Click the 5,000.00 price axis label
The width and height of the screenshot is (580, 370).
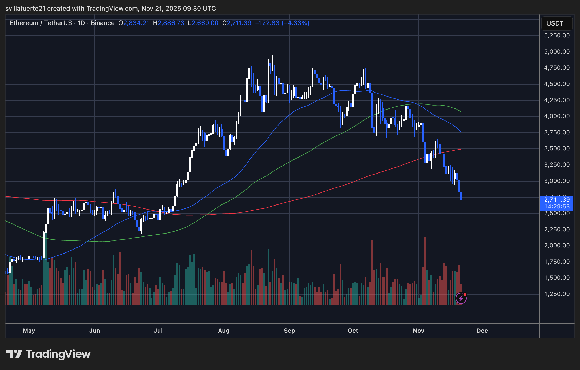click(x=557, y=51)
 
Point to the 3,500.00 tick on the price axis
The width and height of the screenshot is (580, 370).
click(x=557, y=148)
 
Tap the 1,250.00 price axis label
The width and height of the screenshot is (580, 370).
click(x=557, y=294)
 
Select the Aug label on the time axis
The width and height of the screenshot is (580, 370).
click(x=224, y=331)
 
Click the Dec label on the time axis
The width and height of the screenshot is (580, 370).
click(x=482, y=331)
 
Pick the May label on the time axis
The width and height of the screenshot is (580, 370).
click(x=29, y=331)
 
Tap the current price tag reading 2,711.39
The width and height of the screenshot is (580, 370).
click(x=557, y=199)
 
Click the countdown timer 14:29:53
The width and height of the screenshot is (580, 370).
click(x=557, y=206)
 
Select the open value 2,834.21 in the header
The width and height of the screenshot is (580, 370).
click(x=136, y=23)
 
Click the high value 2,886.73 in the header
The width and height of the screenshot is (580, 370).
click(x=171, y=23)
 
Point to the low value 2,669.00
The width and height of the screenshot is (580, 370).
click(x=205, y=23)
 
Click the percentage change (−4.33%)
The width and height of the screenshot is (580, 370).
click(x=295, y=23)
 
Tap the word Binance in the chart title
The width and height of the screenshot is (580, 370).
click(x=102, y=23)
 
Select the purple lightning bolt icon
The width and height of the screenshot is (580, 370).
click(x=461, y=298)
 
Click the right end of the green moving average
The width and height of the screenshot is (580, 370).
click(x=461, y=112)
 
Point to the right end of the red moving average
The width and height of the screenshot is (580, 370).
click(x=461, y=149)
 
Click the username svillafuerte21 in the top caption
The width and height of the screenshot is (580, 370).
click(x=25, y=9)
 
